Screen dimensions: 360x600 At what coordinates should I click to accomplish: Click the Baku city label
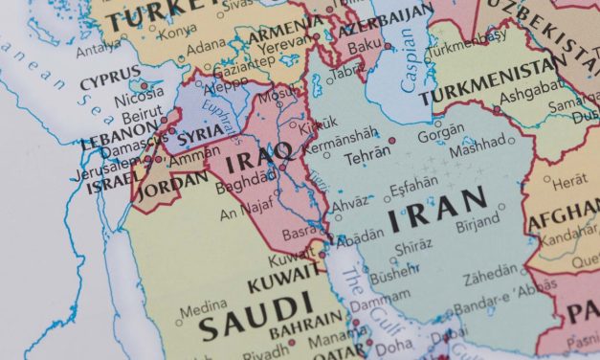coord(363,43)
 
